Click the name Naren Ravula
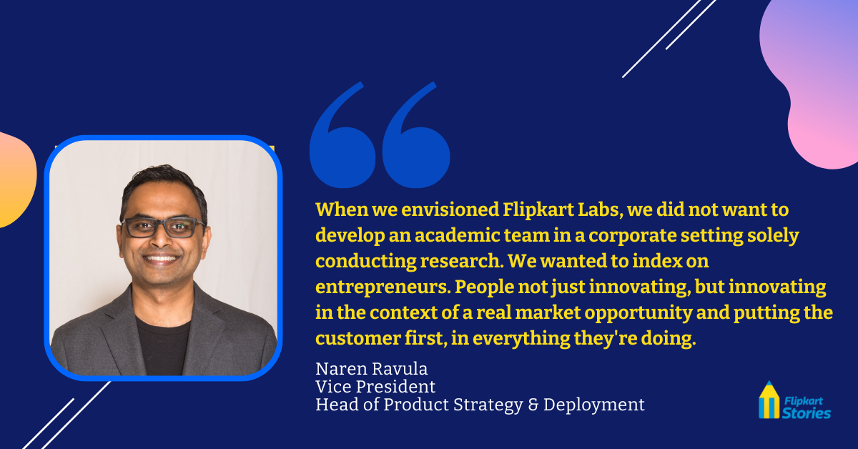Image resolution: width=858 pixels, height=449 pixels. tap(371, 369)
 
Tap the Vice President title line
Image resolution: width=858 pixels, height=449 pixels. tap(375, 387)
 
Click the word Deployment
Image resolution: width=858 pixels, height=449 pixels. tap(593, 405)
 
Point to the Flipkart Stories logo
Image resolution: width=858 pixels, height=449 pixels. tap(794, 400)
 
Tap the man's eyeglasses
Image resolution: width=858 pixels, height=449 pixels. tap(162, 227)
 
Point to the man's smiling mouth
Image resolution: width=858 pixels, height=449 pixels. tap(161, 259)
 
